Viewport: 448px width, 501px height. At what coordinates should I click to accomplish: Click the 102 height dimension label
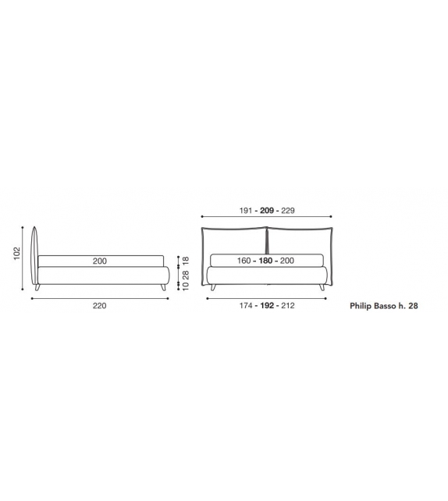coord(17,254)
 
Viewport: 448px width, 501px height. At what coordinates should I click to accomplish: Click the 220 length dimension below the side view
coord(99,306)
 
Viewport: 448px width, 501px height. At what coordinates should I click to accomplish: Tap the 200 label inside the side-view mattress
coord(100,261)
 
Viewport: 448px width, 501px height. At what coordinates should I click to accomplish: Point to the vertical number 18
coord(186,260)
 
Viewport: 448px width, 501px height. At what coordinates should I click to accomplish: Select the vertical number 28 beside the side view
coord(186,275)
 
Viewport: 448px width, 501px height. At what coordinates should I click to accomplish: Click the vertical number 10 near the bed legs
coord(186,286)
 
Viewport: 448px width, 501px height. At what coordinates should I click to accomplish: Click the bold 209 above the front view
coord(267,211)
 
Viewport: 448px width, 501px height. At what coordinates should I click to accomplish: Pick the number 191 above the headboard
coord(246,211)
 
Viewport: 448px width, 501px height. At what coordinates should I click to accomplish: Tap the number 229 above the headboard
coord(288,211)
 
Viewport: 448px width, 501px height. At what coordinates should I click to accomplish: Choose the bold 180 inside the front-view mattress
coord(265,261)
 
